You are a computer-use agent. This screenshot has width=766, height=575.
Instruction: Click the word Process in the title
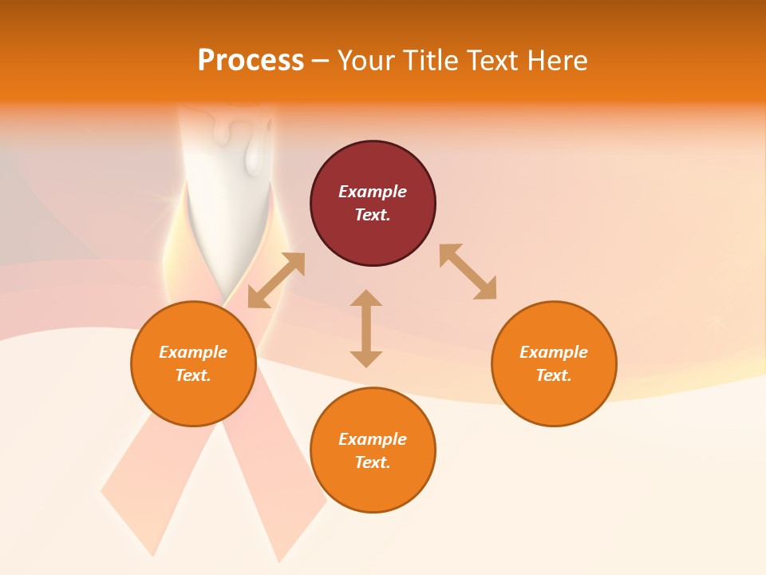click(x=251, y=61)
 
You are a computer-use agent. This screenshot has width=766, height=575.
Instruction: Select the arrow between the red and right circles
click(x=468, y=272)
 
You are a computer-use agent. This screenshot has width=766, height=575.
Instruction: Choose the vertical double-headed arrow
click(x=366, y=328)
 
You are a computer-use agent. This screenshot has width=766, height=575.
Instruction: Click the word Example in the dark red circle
click(x=373, y=192)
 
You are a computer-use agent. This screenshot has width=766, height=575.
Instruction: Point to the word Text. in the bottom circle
click(x=373, y=462)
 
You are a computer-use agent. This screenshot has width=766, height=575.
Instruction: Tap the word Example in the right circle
click(x=554, y=352)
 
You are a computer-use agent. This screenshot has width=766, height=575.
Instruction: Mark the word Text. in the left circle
click(x=193, y=375)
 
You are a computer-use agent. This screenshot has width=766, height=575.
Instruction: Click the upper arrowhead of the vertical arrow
click(x=366, y=299)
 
